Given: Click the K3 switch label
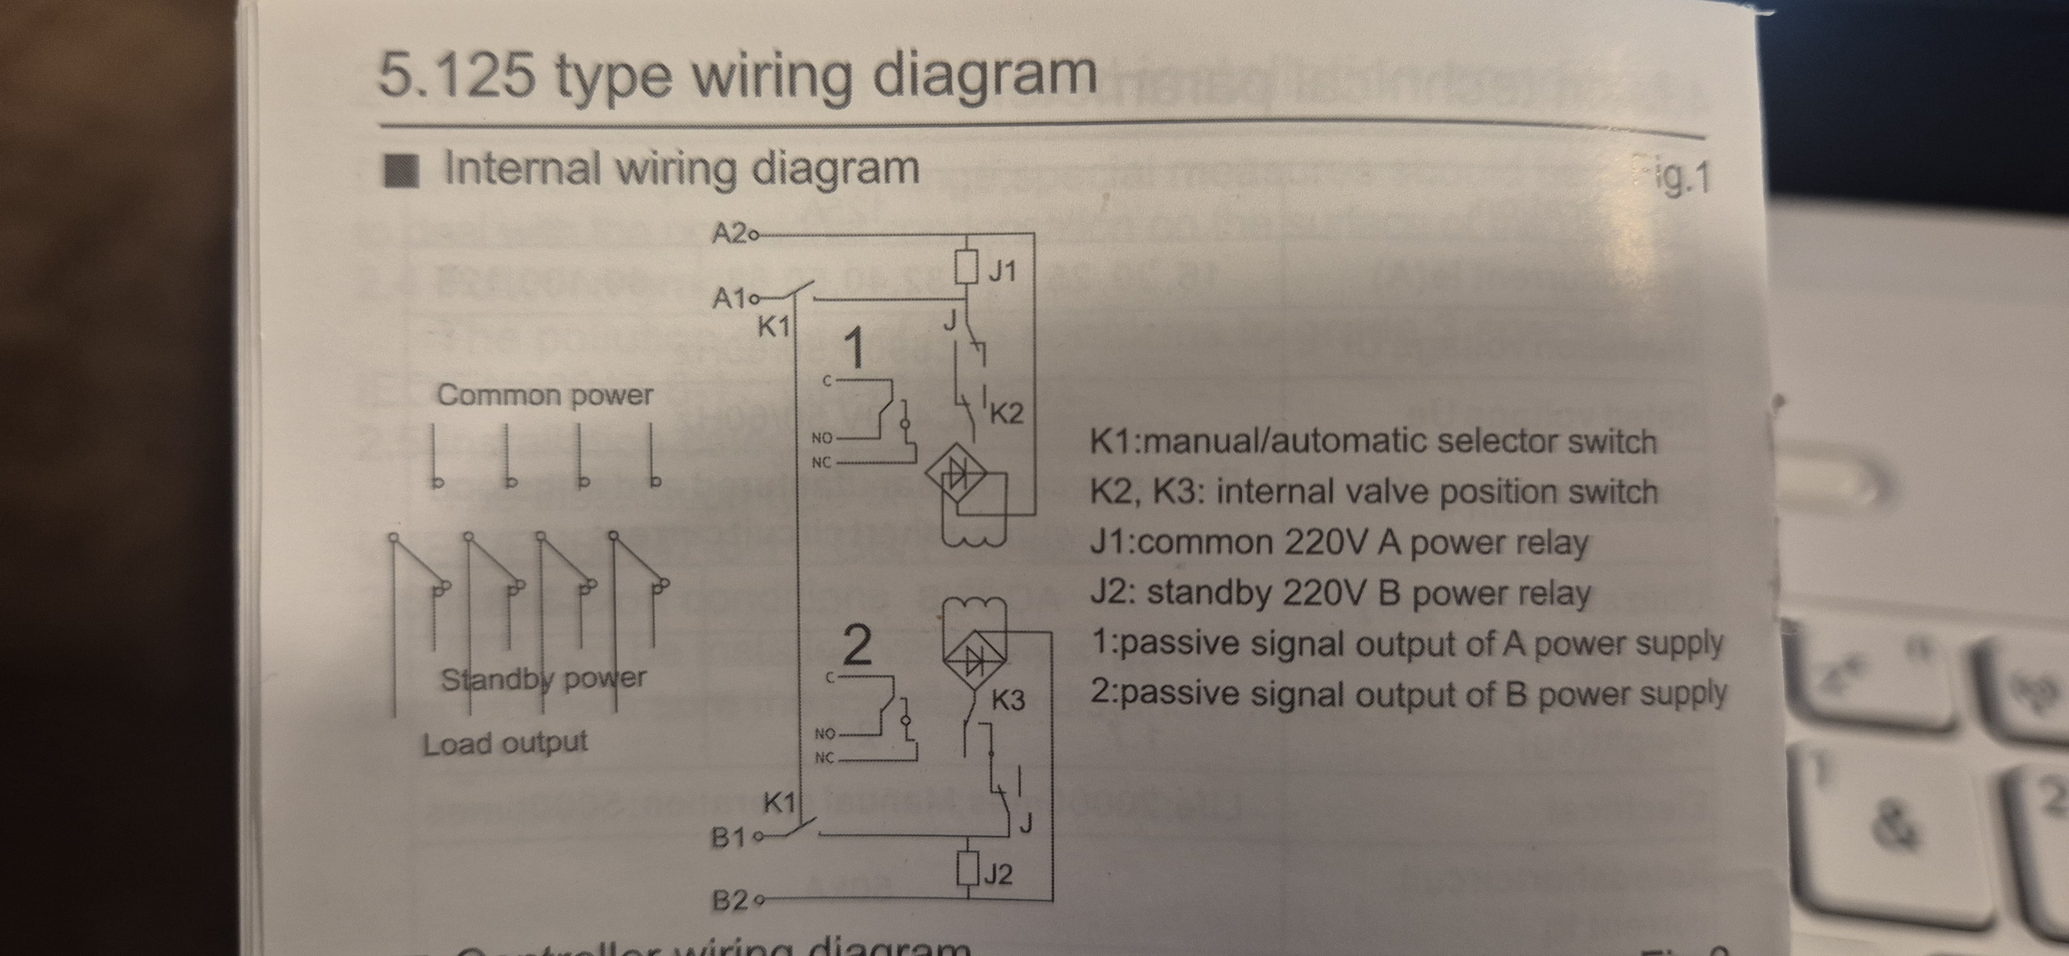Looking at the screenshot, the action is [1008, 700].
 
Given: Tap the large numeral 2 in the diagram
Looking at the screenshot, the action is [857, 645].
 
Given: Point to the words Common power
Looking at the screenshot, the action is [545, 395].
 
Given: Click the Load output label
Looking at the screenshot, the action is [505, 743].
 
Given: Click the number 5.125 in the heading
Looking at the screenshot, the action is [456, 76].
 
